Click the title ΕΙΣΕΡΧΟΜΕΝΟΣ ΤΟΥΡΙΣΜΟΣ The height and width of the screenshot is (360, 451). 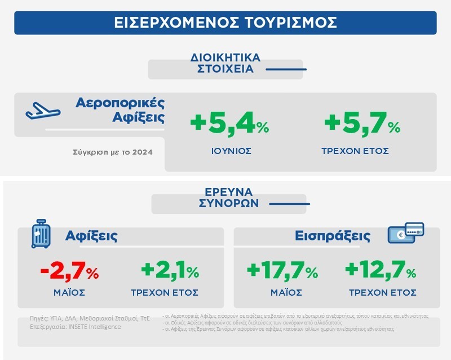[x=225, y=23]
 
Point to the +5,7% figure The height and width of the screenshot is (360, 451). [x=361, y=124]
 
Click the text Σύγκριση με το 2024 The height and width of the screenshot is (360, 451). [x=112, y=152]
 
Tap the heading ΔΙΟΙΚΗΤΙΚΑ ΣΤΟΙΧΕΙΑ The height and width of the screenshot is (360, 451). [x=225, y=63]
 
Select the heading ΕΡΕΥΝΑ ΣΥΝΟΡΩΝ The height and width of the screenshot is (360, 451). [x=225, y=197]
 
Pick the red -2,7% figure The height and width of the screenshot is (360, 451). [x=70, y=272]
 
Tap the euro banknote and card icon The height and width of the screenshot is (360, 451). [x=405, y=233]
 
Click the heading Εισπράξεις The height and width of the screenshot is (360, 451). [x=332, y=236]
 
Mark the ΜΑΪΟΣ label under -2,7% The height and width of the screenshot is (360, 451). [x=69, y=293]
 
